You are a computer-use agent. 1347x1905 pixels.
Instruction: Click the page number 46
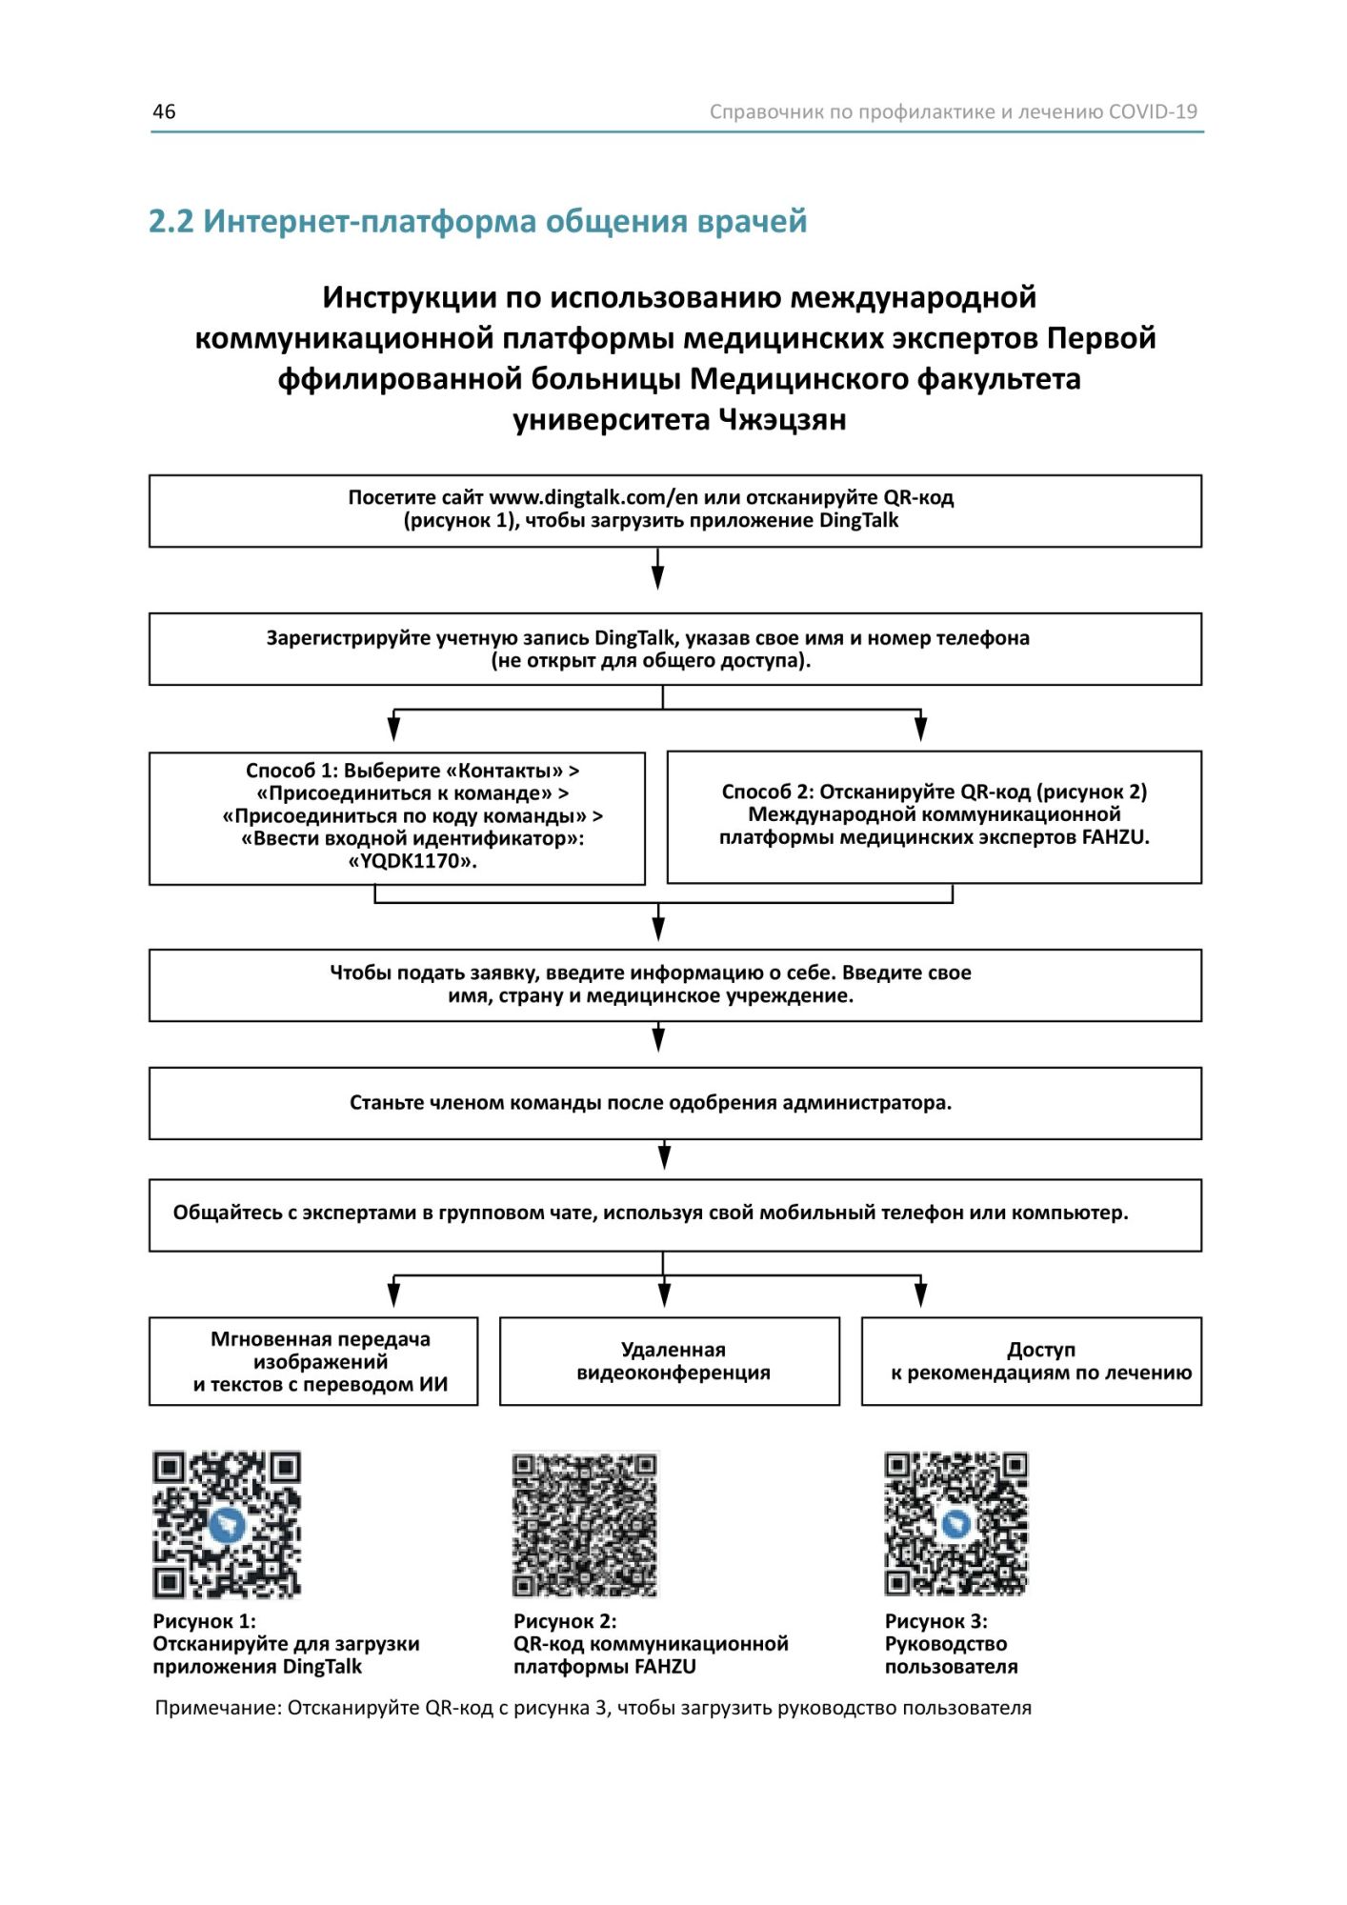164,111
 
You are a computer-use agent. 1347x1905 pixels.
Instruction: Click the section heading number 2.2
171,221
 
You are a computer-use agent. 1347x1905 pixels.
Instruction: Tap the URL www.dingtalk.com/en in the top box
580,497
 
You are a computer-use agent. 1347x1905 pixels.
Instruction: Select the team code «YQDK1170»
412,861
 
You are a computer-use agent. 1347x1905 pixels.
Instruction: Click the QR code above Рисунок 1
227,1524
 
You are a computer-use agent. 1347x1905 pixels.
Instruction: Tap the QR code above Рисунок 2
585,1524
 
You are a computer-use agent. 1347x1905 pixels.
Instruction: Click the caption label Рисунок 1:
204,1621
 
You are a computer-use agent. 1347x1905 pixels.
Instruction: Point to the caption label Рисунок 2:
565,1621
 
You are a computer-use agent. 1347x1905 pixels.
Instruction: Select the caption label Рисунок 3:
935,1621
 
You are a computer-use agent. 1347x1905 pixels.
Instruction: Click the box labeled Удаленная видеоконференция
670,1361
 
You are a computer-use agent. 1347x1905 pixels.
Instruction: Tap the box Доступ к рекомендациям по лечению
1032,1361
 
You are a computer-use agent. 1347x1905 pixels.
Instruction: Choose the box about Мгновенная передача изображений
313,1361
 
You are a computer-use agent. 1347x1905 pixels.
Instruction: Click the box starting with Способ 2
934,816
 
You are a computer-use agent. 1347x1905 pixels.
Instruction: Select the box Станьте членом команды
674,1103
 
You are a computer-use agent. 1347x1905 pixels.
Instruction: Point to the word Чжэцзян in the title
781,420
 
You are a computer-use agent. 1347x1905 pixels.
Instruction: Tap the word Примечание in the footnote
218,1708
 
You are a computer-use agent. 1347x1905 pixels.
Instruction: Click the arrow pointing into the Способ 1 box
393,729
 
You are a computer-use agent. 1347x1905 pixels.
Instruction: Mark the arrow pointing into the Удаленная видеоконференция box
664,1294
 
